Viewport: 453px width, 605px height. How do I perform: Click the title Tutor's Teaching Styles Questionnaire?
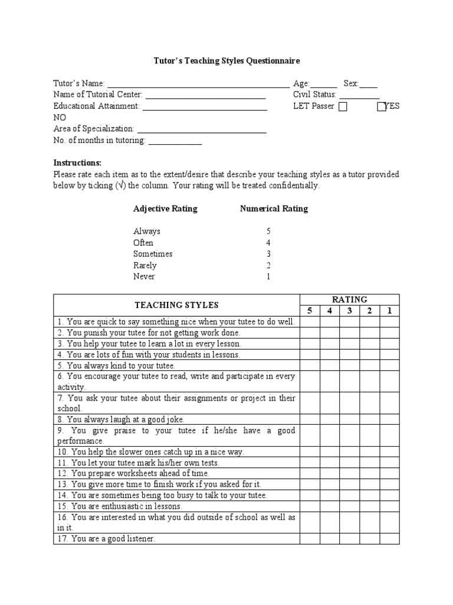coord(227,61)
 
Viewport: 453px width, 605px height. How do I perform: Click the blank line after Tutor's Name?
coord(198,84)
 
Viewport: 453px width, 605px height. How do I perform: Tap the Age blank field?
coord(324,84)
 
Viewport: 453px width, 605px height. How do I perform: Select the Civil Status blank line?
coord(360,96)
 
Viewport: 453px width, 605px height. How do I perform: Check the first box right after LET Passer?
coord(343,107)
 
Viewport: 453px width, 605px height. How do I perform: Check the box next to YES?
coord(380,107)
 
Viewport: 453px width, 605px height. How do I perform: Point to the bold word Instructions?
coord(78,163)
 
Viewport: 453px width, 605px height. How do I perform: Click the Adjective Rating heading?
coord(165,209)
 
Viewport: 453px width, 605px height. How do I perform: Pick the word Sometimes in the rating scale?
coord(153,254)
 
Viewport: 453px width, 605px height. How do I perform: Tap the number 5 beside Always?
coord(268,232)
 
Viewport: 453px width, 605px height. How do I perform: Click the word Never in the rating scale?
coord(144,277)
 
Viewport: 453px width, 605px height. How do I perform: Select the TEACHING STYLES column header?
coord(176,305)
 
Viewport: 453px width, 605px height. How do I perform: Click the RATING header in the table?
coord(350,300)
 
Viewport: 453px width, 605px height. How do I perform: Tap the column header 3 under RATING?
coord(349,311)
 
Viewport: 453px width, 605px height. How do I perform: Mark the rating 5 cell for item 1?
coord(309,322)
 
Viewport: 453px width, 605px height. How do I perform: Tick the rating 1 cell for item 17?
coord(389,539)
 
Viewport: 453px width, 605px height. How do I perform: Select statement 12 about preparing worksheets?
coord(133,473)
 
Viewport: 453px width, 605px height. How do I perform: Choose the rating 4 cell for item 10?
coord(329,452)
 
